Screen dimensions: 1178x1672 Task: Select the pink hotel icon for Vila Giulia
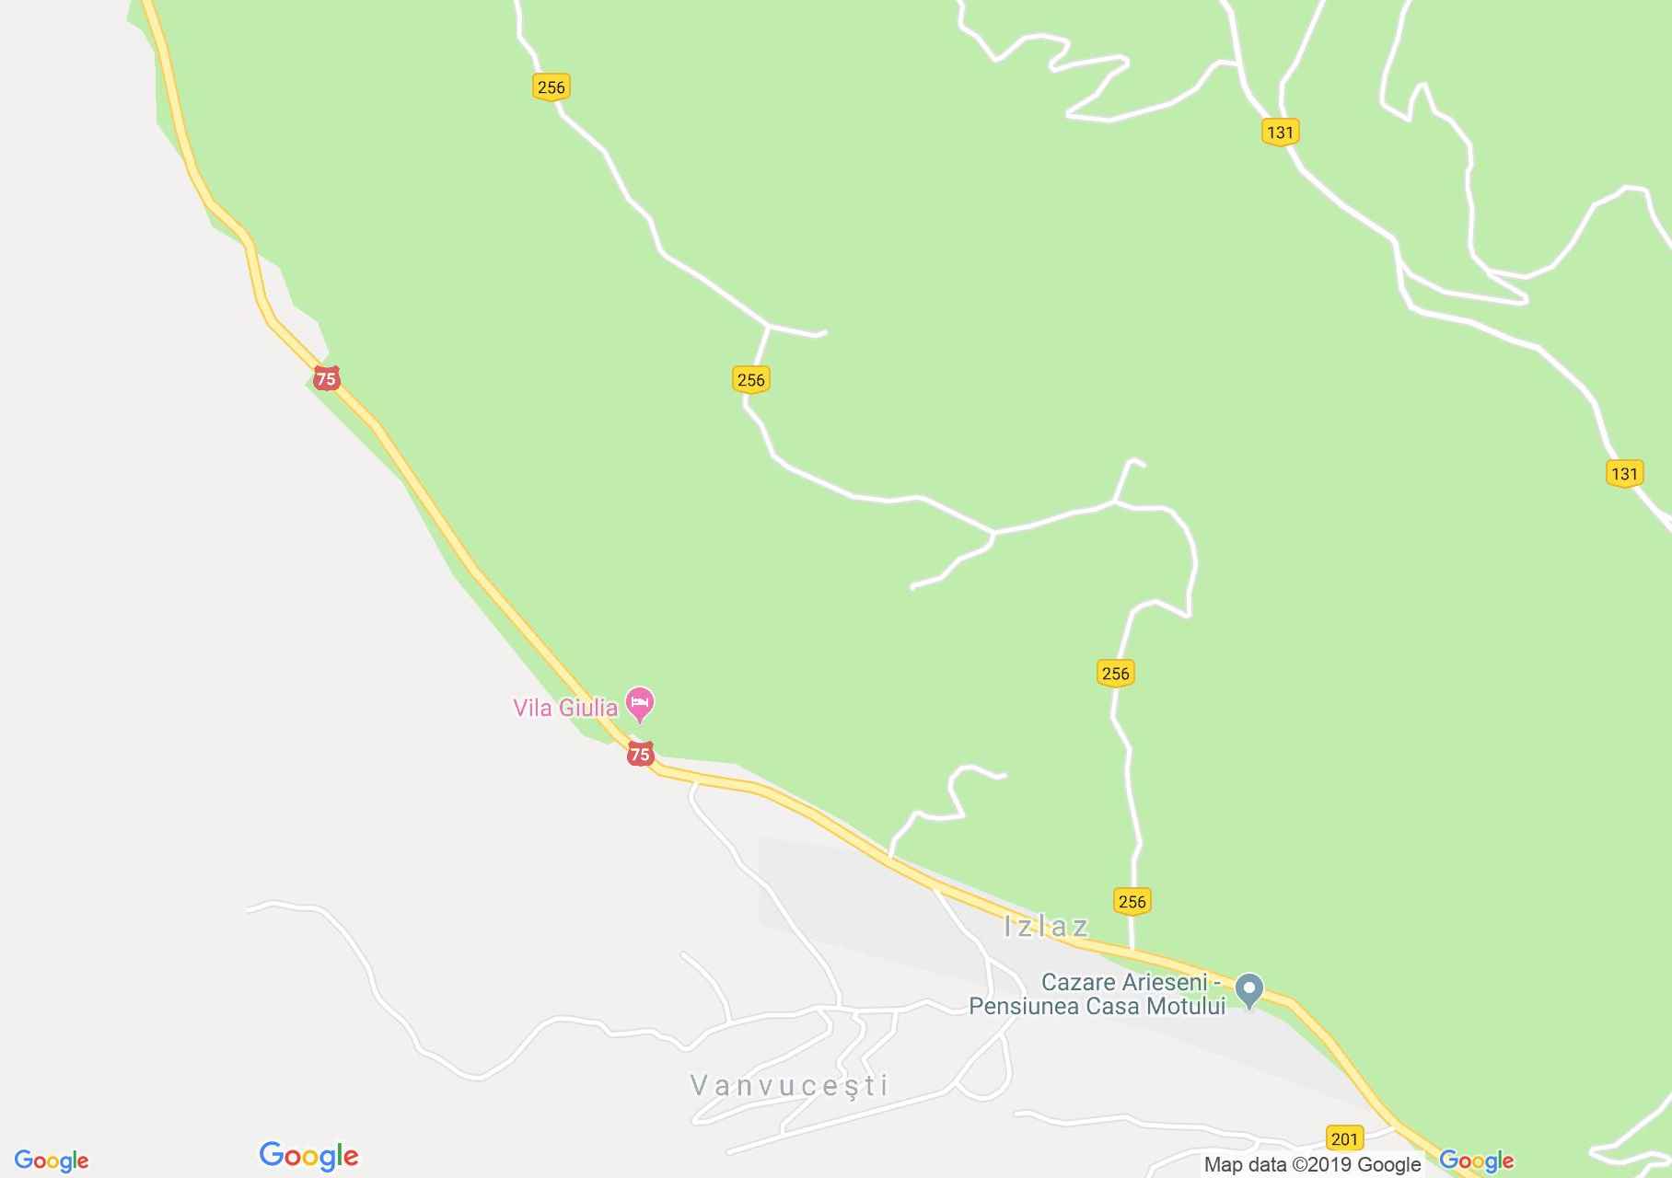pos(640,704)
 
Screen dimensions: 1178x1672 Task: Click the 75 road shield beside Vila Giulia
pos(640,755)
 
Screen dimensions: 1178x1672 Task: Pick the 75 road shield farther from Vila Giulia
pos(326,378)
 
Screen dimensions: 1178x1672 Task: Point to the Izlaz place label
pos(1046,926)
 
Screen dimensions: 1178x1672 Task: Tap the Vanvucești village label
pos(789,1085)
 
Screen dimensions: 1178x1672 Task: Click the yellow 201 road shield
pos(1344,1138)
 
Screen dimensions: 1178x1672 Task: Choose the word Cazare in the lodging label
pos(1079,982)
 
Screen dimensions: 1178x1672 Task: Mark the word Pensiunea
pos(1024,1006)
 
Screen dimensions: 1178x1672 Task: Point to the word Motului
pos(1182,1006)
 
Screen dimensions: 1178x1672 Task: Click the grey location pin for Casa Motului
pos(1249,989)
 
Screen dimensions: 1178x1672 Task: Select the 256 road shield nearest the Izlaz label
pos(1132,901)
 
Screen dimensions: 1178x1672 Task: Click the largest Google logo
pos(308,1156)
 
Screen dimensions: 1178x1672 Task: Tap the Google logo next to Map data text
pos(1476,1161)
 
